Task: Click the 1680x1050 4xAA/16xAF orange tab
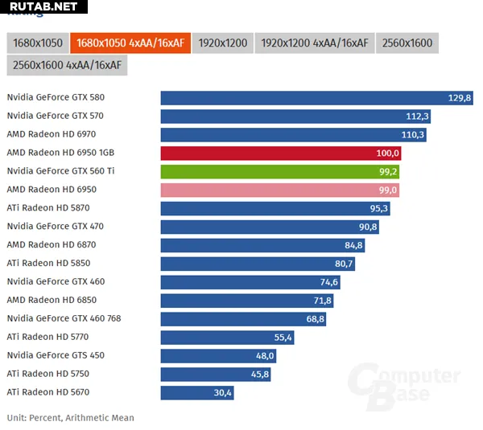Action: click(131, 43)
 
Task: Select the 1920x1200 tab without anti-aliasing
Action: click(222, 43)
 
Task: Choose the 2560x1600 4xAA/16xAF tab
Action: click(67, 65)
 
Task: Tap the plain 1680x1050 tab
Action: click(37, 43)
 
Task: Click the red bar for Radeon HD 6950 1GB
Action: click(281, 153)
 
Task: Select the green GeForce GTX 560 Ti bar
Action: click(279, 171)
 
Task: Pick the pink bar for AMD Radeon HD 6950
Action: click(279, 190)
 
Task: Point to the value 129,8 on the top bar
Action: click(460, 98)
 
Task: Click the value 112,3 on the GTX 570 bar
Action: click(418, 117)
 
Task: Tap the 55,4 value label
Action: click(283, 338)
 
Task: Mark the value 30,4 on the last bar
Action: click(222, 393)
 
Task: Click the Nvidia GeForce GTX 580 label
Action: click(56, 98)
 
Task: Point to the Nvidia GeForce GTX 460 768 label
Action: click(64, 318)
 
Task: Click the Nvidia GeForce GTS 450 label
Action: click(56, 355)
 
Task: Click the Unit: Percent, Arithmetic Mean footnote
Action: click(71, 418)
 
